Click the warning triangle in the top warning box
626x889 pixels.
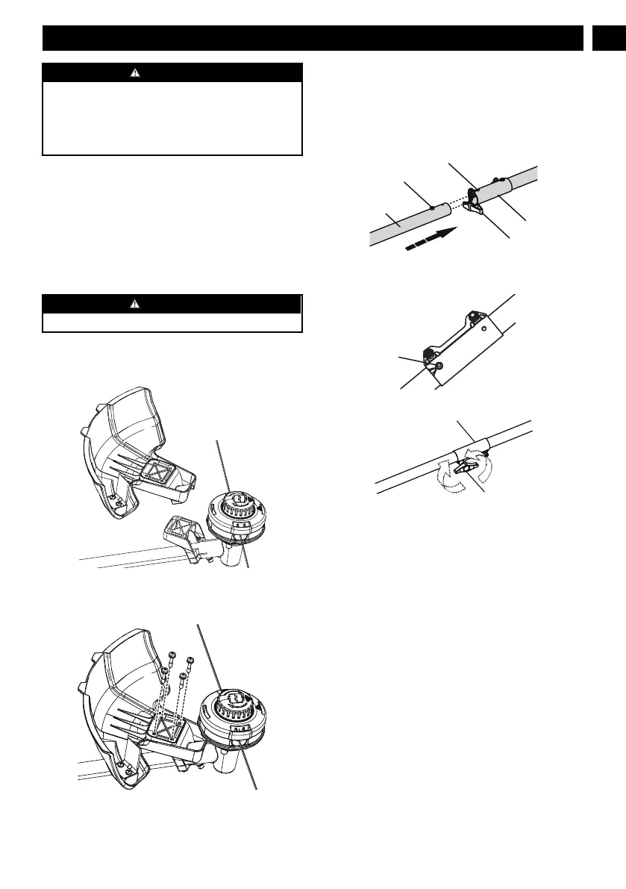pos(172,72)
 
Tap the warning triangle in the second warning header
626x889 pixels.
pos(172,304)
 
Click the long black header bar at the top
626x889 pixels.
pos(312,38)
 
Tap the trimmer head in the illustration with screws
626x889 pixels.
pos(231,715)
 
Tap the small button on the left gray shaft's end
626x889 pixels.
pos(432,207)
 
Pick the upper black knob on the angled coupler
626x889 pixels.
pos(472,316)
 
